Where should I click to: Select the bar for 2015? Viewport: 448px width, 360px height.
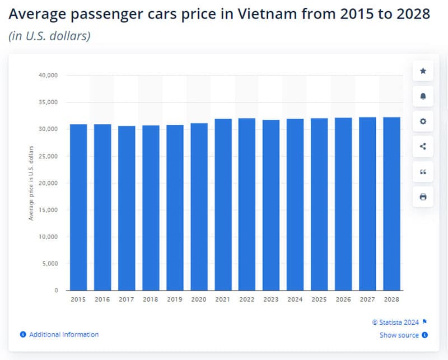(x=78, y=207)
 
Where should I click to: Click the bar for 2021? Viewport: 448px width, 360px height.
(x=223, y=204)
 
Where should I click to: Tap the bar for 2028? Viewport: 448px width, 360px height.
(x=391, y=204)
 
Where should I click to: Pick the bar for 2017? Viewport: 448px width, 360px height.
(x=127, y=208)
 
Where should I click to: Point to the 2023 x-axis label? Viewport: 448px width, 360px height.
(x=271, y=300)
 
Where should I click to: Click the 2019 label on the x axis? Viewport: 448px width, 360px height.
(x=175, y=300)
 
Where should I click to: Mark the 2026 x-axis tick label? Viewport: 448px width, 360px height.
(x=343, y=300)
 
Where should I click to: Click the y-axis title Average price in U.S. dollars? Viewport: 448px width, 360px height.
(x=31, y=183)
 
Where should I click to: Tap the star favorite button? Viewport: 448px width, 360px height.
(x=423, y=71)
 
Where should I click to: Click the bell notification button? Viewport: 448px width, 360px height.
(x=423, y=96)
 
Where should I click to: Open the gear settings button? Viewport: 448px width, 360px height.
(x=423, y=121)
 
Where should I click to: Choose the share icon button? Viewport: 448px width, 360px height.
(x=423, y=146)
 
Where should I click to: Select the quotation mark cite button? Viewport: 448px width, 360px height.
(x=423, y=171)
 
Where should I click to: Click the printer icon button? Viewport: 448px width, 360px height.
(x=423, y=197)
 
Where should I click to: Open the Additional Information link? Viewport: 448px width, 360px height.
(x=63, y=334)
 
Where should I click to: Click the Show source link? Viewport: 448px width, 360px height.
(x=399, y=335)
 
